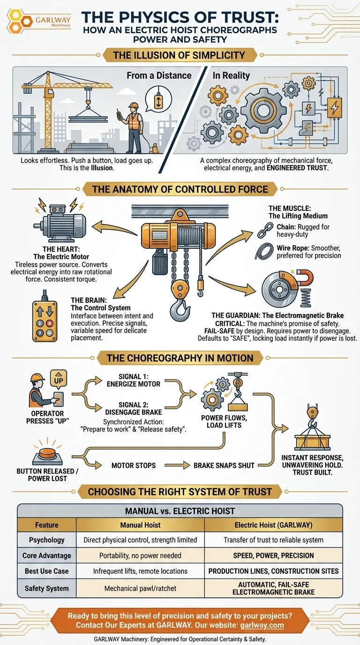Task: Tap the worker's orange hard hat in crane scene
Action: coord(135,105)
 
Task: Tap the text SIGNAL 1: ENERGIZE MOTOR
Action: coord(134,380)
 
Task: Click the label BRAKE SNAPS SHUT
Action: coord(224,465)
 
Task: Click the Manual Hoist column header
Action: coord(140,525)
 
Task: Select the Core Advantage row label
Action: coord(47,555)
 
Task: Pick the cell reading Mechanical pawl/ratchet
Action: coord(140,588)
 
